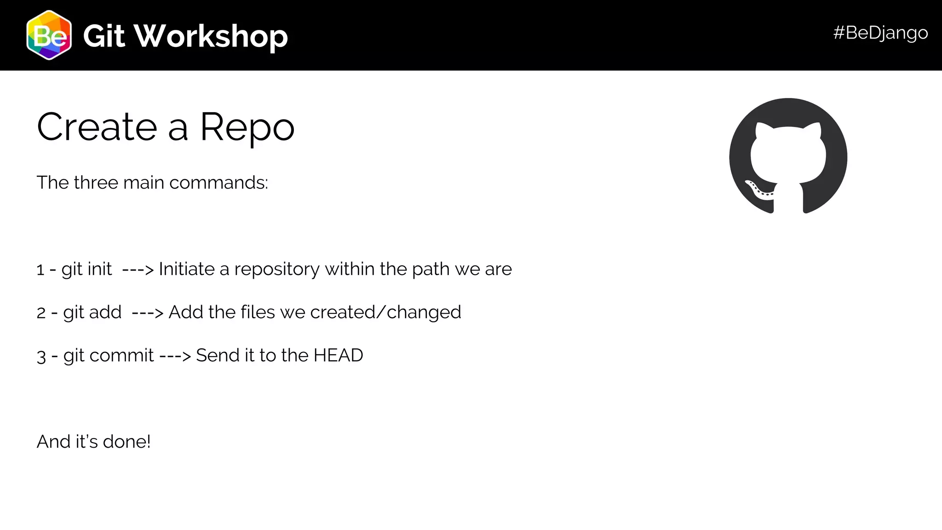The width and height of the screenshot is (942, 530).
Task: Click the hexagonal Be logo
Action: tap(49, 35)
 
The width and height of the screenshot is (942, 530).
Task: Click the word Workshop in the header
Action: tap(211, 36)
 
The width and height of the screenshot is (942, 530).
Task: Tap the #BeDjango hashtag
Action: tap(880, 33)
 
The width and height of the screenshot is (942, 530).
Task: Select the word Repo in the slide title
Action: tap(247, 127)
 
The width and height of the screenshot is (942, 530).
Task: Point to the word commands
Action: tap(218, 183)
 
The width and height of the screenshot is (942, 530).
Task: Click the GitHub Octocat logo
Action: tap(788, 156)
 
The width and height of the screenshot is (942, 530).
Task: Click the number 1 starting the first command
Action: tap(40, 270)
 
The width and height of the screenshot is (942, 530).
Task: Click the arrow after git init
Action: tap(138, 269)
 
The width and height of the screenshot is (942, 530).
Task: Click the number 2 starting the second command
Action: tap(41, 313)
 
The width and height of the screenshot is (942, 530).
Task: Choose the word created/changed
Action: tap(385, 312)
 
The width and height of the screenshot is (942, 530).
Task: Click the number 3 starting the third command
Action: tap(41, 356)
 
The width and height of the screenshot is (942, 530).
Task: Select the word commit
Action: tap(121, 355)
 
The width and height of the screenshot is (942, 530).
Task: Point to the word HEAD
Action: tap(338, 355)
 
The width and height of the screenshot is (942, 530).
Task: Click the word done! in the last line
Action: tap(126, 442)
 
